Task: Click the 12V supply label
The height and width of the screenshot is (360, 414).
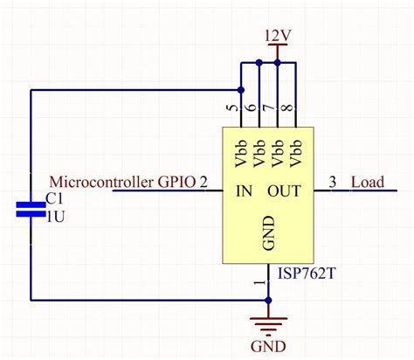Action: [x=277, y=36]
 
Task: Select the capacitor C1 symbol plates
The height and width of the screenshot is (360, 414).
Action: [x=31, y=209]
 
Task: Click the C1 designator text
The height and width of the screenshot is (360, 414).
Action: [x=54, y=198]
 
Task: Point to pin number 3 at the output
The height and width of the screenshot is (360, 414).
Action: [x=332, y=183]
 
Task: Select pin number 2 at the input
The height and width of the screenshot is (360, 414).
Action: [x=204, y=183]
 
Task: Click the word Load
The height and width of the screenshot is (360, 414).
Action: [x=367, y=183]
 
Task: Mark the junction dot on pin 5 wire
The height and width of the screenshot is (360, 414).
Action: [x=240, y=89]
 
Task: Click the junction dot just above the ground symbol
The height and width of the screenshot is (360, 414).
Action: [x=269, y=301]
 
